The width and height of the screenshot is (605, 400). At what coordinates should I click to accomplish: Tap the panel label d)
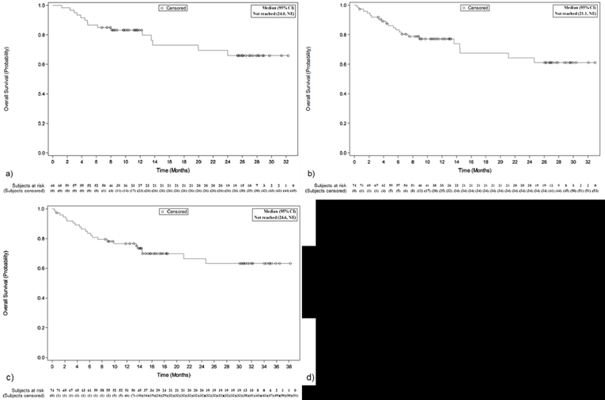coord(311,376)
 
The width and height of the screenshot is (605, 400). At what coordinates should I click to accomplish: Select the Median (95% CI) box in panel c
coord(272,215)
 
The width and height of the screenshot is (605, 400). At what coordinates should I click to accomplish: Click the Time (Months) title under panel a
coord(172,170)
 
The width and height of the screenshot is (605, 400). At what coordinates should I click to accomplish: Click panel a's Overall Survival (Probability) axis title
coord(6,79)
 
